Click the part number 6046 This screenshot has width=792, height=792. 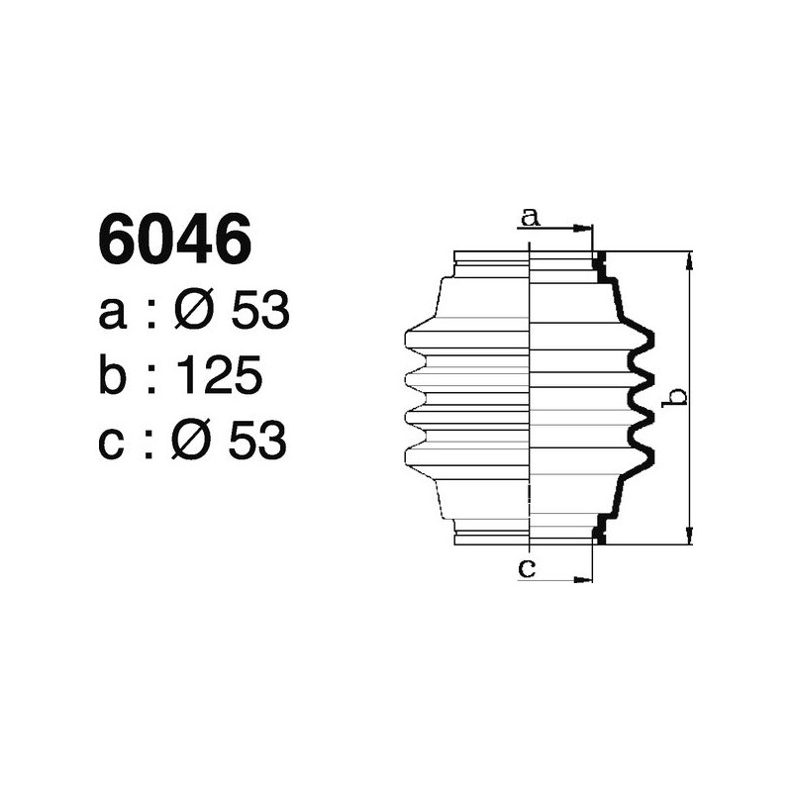[x=172, y=240]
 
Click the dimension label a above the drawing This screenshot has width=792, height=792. [x=531, y=217]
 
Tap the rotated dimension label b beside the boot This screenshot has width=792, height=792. [x=678, y=397]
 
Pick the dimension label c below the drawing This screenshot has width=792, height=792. [x=528, y=567]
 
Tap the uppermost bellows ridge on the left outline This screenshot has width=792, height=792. [x=408, y=338]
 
